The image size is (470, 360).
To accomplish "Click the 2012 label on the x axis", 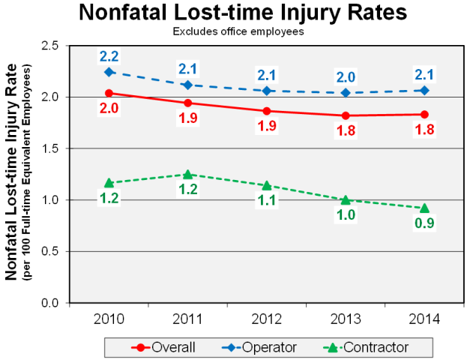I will coord(266,318).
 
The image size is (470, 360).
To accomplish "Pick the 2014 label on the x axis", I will coord(424,318).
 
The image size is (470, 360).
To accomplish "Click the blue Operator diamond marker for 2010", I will coord(109,72).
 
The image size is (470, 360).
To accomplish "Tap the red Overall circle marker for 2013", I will coord(346,115).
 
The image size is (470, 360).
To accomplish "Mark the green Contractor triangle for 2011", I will coord(188,174).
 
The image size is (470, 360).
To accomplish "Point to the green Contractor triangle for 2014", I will coord(424,208).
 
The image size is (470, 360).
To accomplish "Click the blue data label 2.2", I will coord(109,56).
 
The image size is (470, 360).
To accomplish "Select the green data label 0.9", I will coord(424,223).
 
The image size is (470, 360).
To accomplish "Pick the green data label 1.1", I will coord(267,201).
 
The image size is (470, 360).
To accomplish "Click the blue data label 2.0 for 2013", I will coord(346,77).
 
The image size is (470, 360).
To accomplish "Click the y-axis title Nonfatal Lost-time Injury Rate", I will coord(12,172).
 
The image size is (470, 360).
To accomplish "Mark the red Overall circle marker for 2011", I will coord(188,103).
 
